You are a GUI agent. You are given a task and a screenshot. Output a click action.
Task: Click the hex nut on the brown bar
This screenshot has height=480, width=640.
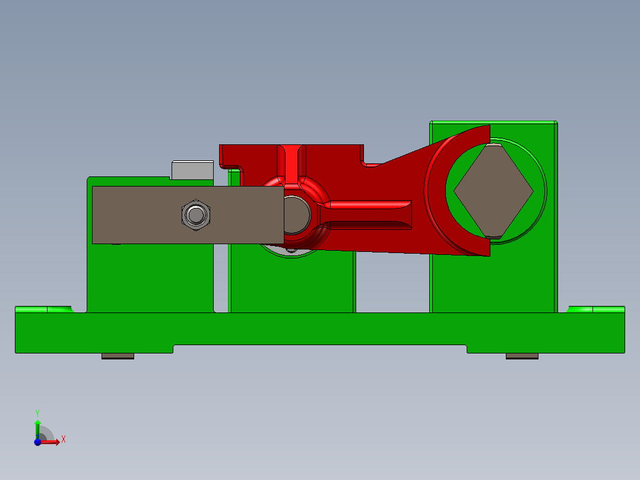[x=195, y=214]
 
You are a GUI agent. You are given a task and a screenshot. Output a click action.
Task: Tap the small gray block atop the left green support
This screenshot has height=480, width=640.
[x=192, y=170]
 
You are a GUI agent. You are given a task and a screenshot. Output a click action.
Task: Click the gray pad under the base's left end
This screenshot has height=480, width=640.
[x=118, y=356]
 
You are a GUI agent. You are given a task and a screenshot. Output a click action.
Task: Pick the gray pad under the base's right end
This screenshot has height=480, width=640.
[x=522, y=356]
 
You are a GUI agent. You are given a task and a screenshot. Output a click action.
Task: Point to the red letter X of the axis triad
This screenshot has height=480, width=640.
[x=64, y=439]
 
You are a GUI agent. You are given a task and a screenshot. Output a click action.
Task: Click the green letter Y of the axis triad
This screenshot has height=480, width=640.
[x=37, y=412]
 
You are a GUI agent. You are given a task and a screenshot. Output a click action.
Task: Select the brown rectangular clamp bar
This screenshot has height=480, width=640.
[x=137, y=214]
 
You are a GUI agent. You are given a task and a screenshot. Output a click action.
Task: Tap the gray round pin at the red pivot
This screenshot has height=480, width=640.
[x=295, y=214]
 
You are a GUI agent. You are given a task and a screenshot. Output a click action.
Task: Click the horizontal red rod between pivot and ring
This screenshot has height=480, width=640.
[x=368, y=206]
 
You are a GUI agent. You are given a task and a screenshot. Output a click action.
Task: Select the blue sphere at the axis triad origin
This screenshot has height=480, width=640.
[x=37, y=441]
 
